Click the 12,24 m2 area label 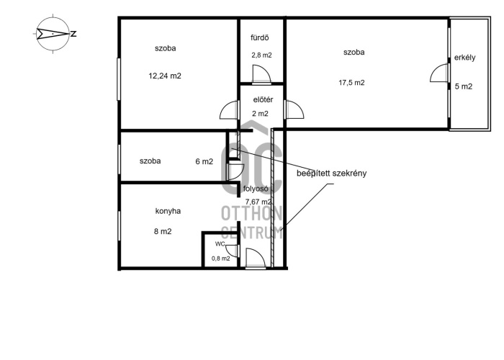165,76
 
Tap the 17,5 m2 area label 351,83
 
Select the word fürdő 259,37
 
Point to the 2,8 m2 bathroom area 261,55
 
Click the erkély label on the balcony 464,58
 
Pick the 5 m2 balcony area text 464,86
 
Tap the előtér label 263,99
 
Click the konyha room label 168,211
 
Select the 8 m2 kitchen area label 163,231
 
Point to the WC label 220,244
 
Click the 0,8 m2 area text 220,258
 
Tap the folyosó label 256,189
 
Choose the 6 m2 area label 204,161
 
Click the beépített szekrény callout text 331,174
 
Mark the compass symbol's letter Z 73,34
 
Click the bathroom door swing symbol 261,74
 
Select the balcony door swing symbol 439,73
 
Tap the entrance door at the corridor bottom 255,258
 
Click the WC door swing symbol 233,251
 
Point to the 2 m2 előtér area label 260,114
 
